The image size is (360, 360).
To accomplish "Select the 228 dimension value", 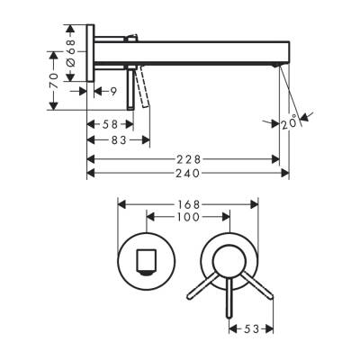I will [x=184, y=157].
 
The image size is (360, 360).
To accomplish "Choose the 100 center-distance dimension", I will [x=185, y=218].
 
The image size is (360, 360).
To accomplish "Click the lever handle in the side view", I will [x=137, y=90].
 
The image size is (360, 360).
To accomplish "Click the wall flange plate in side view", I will [x=90, y=55].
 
